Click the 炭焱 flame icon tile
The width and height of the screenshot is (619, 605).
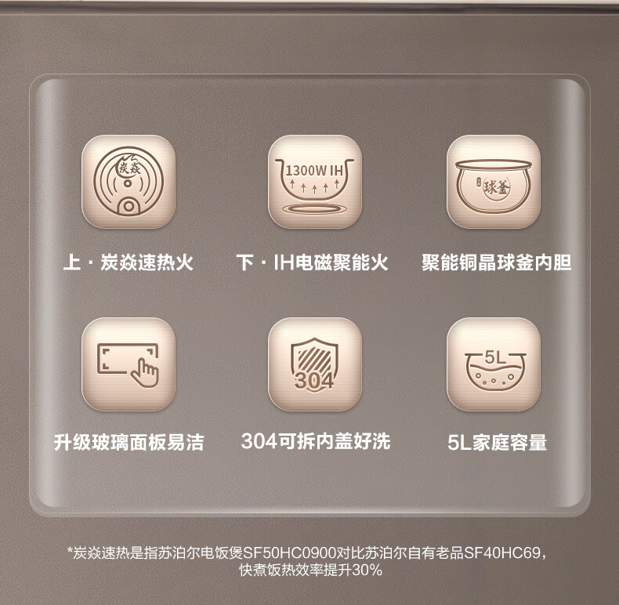[129, 182]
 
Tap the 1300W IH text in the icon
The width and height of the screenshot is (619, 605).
[314, 171]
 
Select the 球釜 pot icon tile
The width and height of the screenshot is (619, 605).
[494, 182]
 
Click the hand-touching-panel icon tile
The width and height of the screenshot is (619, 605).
[129, 364]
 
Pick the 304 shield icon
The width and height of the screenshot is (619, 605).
[314, 365]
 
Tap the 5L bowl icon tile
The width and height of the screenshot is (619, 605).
[494, 364]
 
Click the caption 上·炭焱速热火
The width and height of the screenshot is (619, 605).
[129, 263]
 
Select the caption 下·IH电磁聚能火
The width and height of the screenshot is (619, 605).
[313, 263]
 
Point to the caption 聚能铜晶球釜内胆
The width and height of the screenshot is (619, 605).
[497, 263]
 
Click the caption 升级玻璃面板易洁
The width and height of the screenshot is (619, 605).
[129, 442]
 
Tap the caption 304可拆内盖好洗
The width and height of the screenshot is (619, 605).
[316, 441]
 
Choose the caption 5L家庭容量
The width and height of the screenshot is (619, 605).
[498, 442]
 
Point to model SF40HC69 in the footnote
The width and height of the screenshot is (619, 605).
[501, 552]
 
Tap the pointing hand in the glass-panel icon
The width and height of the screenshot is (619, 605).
[144, 373]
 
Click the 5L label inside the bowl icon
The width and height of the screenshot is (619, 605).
[495, 357]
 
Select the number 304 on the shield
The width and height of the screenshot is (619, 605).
[314, 381]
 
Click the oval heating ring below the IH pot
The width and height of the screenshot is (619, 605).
[314, 209]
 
